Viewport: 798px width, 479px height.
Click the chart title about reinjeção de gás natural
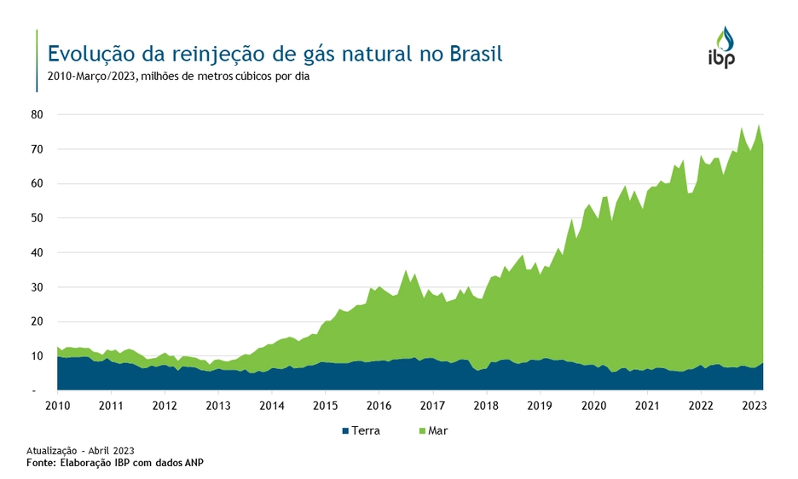(x=275, y=55)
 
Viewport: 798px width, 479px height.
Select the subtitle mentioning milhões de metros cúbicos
(x=179, y=78)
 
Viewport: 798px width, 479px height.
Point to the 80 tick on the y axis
(x=37, y=114)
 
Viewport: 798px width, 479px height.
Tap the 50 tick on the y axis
(x=37, y=218)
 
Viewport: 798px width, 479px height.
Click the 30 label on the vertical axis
(x=37, y=287)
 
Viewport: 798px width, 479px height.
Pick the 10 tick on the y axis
(x=37, y=356)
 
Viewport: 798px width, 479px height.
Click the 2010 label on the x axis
(x=57, y=406)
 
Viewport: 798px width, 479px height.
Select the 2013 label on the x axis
(x=218, y=406)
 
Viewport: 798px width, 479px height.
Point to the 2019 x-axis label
(x=540, y=406)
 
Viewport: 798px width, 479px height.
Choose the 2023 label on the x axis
(x=754, y=406)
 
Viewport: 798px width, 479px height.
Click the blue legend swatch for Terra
(x=345, y=431)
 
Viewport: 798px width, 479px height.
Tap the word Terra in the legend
(x=367, y=431)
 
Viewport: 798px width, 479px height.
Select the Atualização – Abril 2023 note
(x=80, y=450)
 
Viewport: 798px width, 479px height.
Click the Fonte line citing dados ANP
(x=115, y=463)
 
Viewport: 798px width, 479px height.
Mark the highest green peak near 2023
(x=758, y=125)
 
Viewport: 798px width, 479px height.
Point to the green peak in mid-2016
(x=406, y=270)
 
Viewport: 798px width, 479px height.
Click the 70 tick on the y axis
(x=37, y=149)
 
